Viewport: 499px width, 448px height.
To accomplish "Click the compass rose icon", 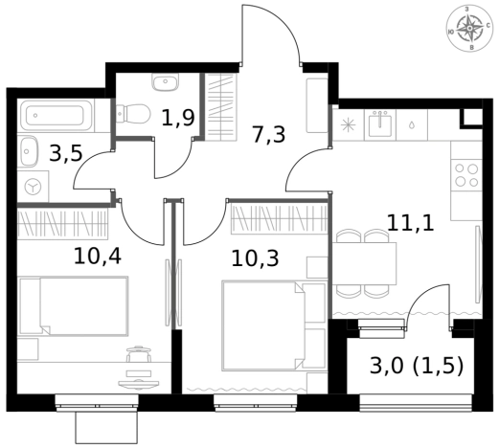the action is [x=469, y=29].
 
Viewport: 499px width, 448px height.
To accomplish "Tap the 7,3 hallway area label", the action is [x=268, y=135].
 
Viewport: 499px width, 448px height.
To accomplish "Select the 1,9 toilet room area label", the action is [x=178, y=118].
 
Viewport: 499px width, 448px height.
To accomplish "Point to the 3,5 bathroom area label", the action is [x=66, y=153].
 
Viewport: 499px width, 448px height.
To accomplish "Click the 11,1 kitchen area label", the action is [x=411, y=222].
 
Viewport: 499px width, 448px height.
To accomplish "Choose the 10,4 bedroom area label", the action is [x=98, y=257].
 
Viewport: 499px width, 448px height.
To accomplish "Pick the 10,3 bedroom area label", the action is [x=255, y=258].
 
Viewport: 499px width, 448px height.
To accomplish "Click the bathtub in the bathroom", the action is [x=57, y=116].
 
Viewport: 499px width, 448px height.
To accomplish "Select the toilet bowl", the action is [x=133, y=114].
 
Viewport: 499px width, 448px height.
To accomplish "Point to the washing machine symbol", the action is [x=33, y=187].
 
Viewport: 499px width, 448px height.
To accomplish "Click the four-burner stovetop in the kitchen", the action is [x=466, y=175].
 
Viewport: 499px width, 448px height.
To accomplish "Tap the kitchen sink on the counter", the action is [x=380, y=124].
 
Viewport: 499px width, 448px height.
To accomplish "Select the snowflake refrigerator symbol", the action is [x=348, y=124].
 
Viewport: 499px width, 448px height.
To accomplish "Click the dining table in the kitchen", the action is [x=364, y=263].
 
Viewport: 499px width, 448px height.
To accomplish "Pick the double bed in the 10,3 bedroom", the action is [x=264, y=325].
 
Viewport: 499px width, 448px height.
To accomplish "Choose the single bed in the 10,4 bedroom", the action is [x=74, y=306].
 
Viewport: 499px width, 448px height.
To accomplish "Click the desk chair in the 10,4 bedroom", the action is [x=139, y=353].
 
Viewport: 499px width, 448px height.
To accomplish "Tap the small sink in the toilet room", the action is [x=165, y=81].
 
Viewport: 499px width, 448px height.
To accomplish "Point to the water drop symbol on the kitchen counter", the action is [x=412, y=124].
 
